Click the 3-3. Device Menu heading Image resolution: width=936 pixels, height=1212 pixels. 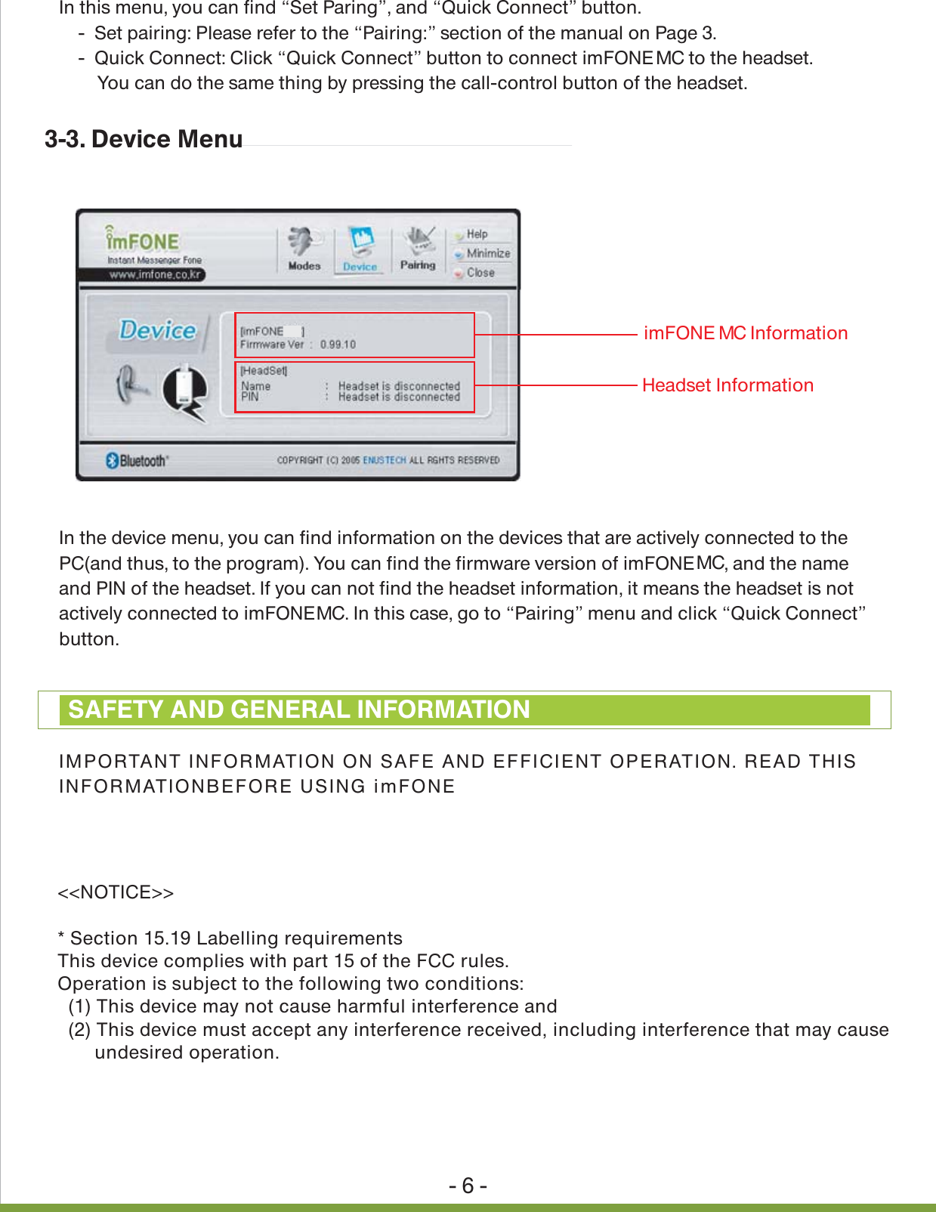(x=144, y=140)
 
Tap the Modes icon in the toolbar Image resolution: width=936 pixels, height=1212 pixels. (x=304, y=249)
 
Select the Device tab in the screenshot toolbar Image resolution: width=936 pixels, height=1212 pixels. (x=360, y=250)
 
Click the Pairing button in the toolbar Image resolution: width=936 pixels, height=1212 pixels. (x=418, y=249)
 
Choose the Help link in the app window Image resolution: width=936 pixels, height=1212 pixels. (x=477, y=234)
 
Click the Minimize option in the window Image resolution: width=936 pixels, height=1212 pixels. (x=488, y=253)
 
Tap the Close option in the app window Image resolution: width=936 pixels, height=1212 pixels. (x=480, y=273)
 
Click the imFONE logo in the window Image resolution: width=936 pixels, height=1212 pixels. (x=144, y=241)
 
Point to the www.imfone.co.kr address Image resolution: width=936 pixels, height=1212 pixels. (x=155, y=274)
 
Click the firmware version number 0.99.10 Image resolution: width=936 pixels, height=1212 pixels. (x=338, y=345)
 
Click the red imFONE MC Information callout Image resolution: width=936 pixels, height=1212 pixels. (x=745, y=333)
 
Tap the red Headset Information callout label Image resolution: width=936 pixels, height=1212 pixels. (x=727, y=385)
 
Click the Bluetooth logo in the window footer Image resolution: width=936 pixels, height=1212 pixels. (x=137, y=461)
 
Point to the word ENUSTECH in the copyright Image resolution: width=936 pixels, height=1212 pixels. (x=384, y=460)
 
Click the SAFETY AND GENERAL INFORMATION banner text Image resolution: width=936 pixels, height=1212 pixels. (x=299, y=710)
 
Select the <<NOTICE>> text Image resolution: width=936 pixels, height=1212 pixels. (x=116, y=892)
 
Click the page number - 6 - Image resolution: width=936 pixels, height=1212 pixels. (x=468, y=1186)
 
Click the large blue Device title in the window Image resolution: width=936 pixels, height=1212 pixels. (x=158, y=330)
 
